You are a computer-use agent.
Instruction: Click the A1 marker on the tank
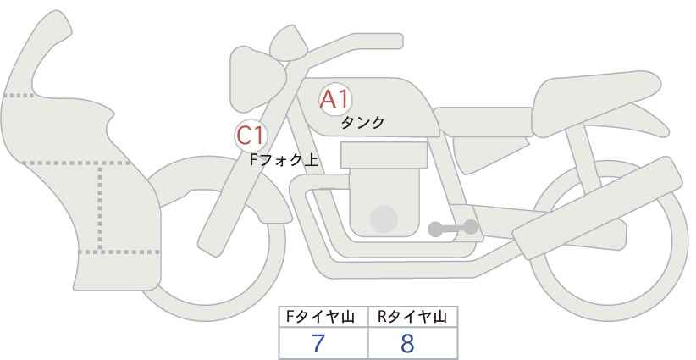[335, 99]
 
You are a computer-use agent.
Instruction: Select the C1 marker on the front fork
[251, 136]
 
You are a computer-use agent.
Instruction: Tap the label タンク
[362, 123]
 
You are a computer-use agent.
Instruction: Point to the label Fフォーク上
[284, 160]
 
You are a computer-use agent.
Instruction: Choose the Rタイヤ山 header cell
[413, 317]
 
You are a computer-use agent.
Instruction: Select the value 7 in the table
[318, 343]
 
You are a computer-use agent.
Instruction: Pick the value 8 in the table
[407, 343]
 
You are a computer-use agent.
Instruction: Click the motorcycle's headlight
[257, 79]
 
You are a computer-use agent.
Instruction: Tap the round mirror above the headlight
[289, 43]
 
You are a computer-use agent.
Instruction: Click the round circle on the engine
[384, 219]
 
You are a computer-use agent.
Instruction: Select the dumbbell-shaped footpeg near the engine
[453, 228]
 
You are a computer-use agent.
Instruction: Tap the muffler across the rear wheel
[597, 208]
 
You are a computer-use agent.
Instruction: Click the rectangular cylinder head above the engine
[384, 155]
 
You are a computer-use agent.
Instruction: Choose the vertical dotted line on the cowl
[100, 208]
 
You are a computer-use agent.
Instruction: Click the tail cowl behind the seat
[639, 119]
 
